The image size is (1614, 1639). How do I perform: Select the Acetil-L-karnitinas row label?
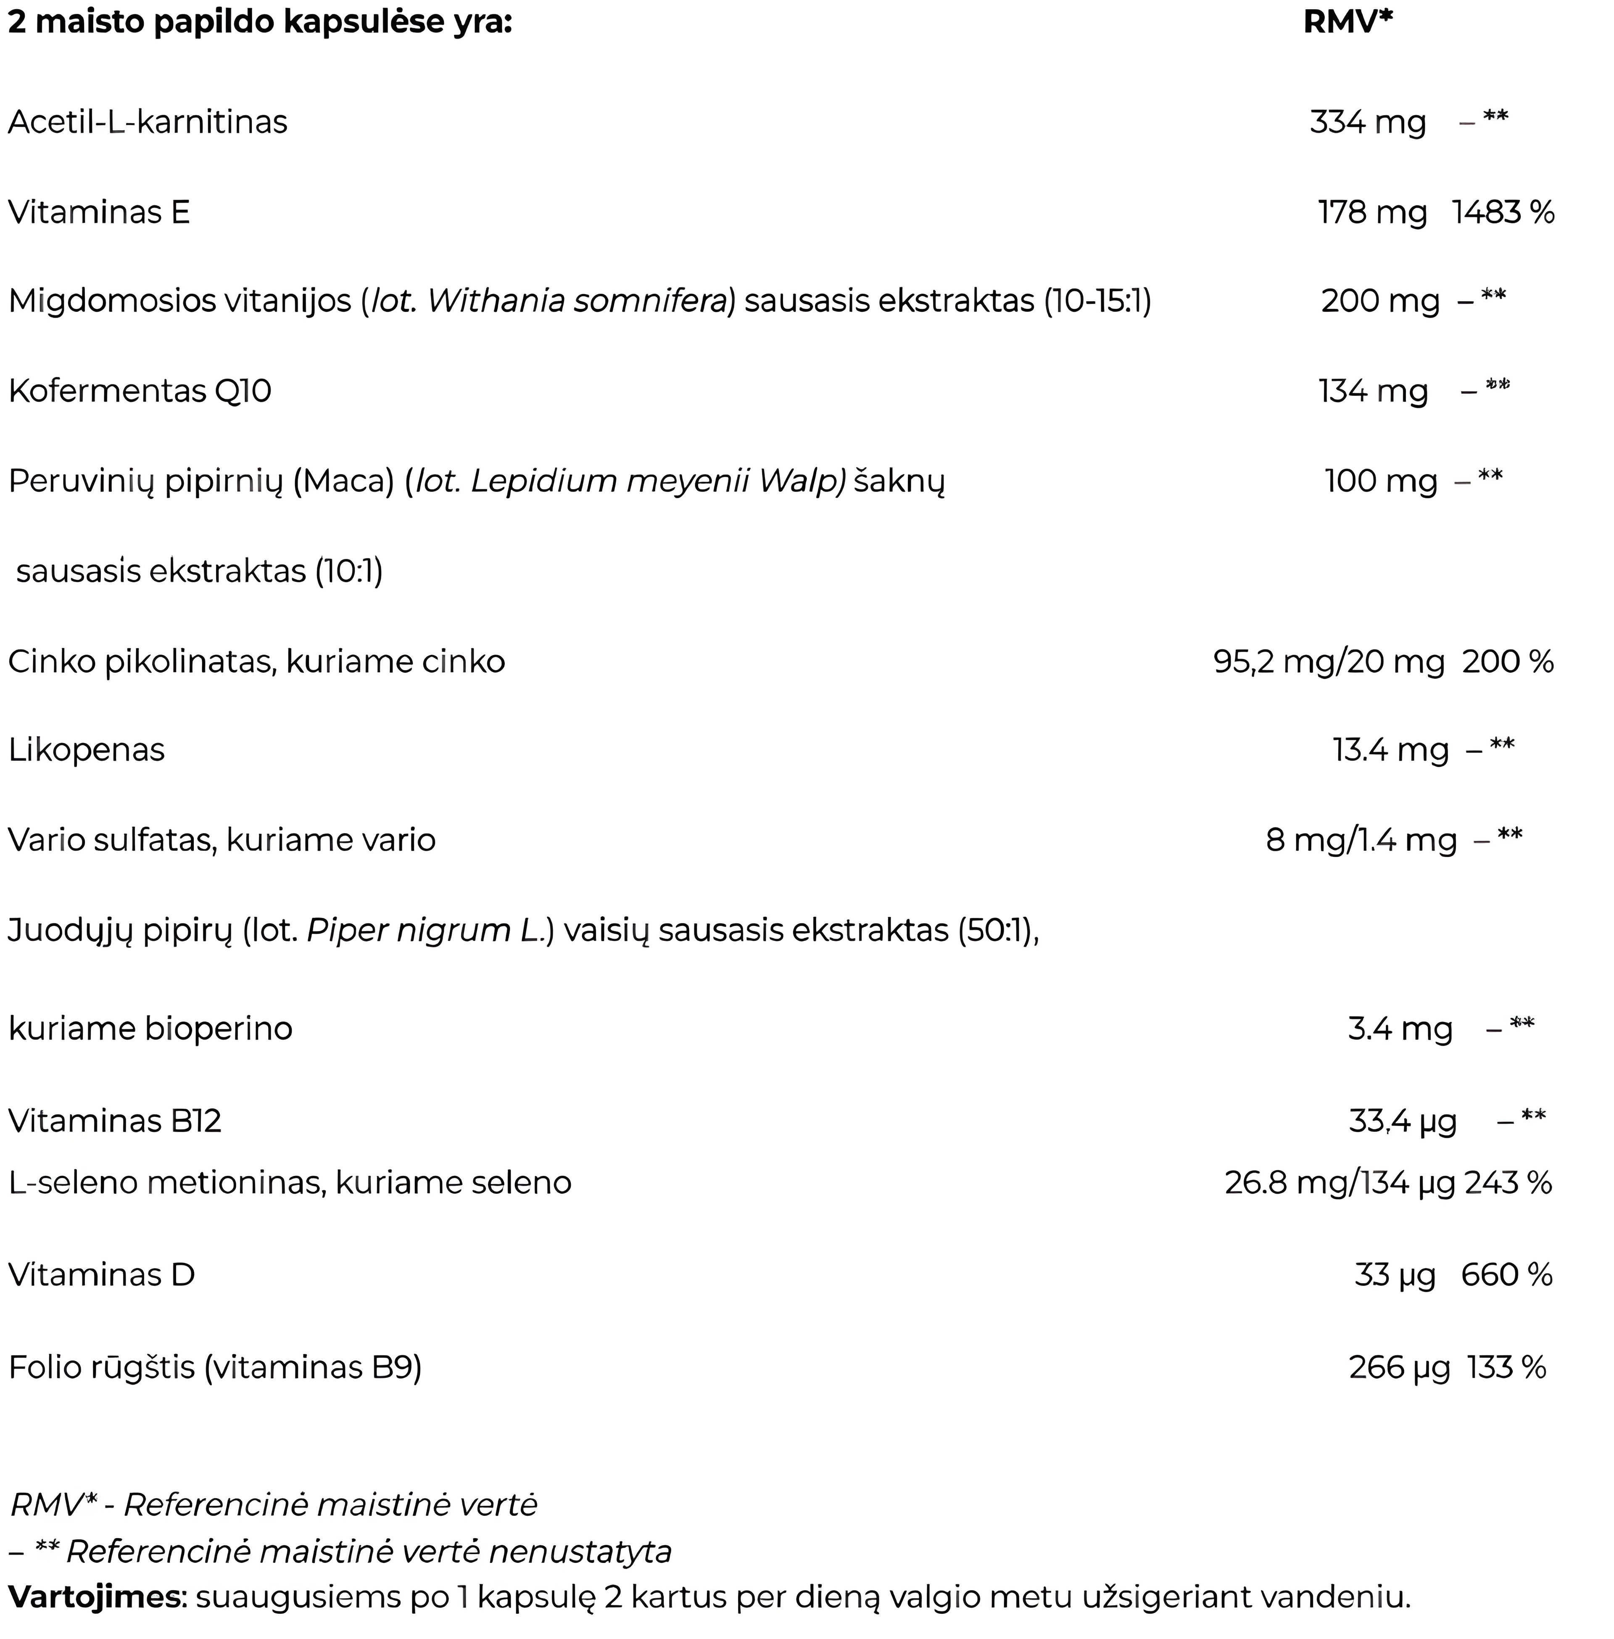click(x=148, y=122)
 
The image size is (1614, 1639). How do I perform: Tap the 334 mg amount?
click(x=1367, y=122)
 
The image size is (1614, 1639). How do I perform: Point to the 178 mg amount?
click(x=1371, y=212)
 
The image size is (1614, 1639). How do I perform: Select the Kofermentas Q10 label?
click(x=140, y=391)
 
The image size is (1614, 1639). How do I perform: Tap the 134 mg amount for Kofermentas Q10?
click(x=1372, y=391)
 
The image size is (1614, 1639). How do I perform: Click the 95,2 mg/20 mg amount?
click(x=1328, y=661)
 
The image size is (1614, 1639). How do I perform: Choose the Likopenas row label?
click(x=87, y=750)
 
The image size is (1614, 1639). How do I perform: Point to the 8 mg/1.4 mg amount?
click(x=1361, y=840)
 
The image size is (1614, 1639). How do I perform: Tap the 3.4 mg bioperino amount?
click(x=1400, y=1029)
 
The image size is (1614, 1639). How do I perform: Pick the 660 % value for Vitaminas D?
click(x=1506, y=1275)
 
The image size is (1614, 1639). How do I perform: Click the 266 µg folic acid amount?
click(x=1399, y=1367)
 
